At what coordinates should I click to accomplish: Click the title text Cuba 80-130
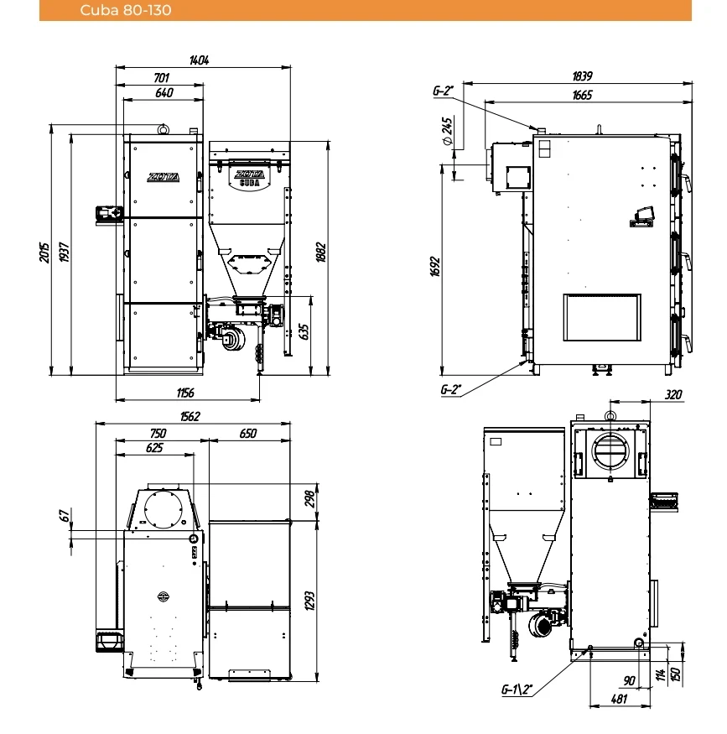tap(126, 10)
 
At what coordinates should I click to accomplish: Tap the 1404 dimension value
tap(200, 60)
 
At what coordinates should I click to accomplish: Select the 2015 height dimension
tap(44, 252)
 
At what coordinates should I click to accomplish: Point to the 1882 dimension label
tap(321, 252)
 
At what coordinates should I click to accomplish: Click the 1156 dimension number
tap(185, 393)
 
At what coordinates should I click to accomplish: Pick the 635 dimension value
tap(304, 332)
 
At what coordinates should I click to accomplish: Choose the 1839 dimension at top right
tap(583, 75)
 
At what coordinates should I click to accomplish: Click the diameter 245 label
tap(447, 131)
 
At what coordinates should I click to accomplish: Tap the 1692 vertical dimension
tap(435, 267)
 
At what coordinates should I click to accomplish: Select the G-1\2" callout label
tap(517, 690)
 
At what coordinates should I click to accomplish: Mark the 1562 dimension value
tap(190, 416)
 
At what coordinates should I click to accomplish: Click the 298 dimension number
tap(309, 499)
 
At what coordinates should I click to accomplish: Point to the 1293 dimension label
tap(309, 601)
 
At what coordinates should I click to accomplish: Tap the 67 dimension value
tap(65, 515)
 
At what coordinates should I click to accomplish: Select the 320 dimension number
tap(673, 394)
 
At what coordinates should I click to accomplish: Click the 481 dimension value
tap(619, 699)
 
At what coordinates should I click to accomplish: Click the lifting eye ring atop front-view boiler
tap(163, 129)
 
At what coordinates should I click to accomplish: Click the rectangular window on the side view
tap(602, 317)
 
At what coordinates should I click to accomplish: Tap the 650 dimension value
tap(248, 434)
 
